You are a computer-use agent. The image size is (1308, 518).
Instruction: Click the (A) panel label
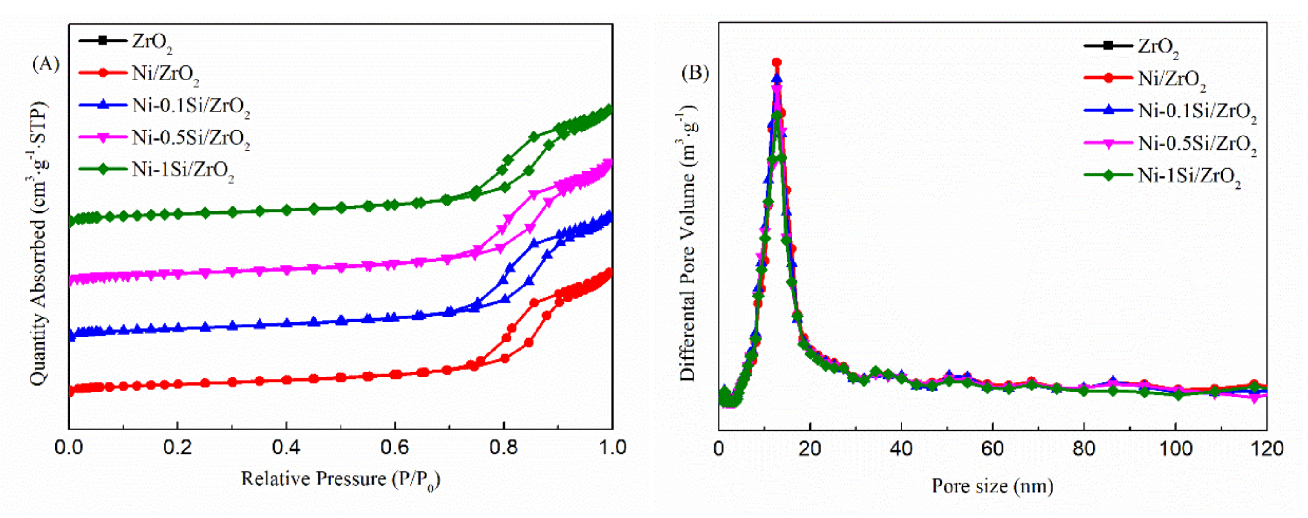[46, 64]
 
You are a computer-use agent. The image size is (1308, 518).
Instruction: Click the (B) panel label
[694, 73]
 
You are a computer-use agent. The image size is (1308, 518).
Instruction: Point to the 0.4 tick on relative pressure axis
[286, 448]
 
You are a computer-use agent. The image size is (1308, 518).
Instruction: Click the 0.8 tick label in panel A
[503, 448]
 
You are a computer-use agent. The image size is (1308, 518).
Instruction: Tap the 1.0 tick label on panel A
[611, 448]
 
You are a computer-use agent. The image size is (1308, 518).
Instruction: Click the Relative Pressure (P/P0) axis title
[340, 479]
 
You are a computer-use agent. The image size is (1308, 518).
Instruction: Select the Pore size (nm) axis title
[992, 487]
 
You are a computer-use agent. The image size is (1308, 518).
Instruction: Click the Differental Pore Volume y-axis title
[687, 244]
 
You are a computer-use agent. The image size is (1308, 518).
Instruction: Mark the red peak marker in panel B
[777, 62]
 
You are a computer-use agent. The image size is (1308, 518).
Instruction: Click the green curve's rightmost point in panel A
[609, 110]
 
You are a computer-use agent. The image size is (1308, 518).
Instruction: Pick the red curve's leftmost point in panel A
[70, 391]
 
